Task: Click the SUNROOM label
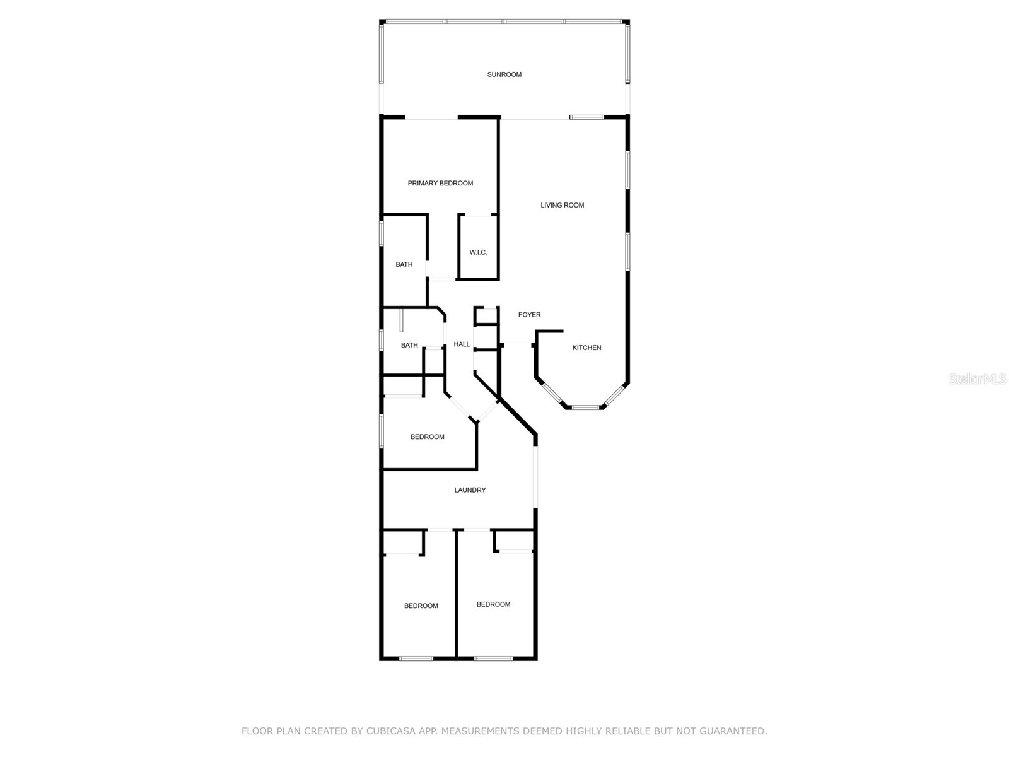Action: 504,74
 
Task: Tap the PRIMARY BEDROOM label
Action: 440,184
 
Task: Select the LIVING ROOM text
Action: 562,205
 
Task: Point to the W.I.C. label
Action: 478,253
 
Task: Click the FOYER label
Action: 529,315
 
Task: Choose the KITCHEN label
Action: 586,348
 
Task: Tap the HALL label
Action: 462,344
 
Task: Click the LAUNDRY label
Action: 470,490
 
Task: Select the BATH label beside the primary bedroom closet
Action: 404,265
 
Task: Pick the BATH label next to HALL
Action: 409,346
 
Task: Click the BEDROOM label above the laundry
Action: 427,437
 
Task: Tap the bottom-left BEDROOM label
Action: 421,606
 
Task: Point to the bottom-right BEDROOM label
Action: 493,605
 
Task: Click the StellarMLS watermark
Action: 977,379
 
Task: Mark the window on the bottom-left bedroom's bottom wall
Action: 416,659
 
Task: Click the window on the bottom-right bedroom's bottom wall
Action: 493,659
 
